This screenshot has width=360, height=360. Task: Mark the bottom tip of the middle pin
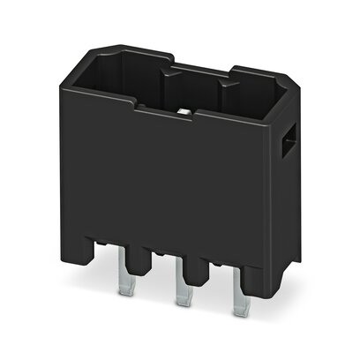(182, 305)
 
